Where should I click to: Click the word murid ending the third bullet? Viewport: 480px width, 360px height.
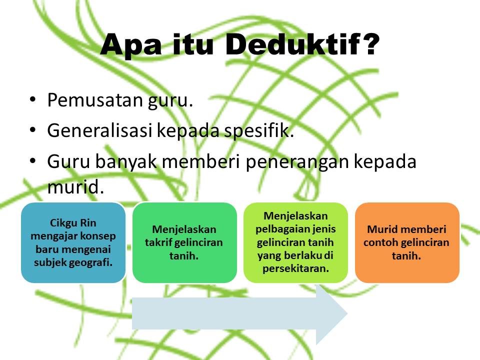[75, 187]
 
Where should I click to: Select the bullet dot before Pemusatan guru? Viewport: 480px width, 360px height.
[32, 100]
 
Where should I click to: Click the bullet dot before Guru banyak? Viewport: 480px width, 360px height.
[32, 161]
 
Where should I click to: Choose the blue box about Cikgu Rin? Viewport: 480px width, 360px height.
[73, 242]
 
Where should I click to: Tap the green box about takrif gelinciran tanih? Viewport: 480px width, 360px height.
[184, 242]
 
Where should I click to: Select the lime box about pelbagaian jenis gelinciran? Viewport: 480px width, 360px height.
[295, 242]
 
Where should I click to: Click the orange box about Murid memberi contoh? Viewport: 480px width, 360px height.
[406, 242]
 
